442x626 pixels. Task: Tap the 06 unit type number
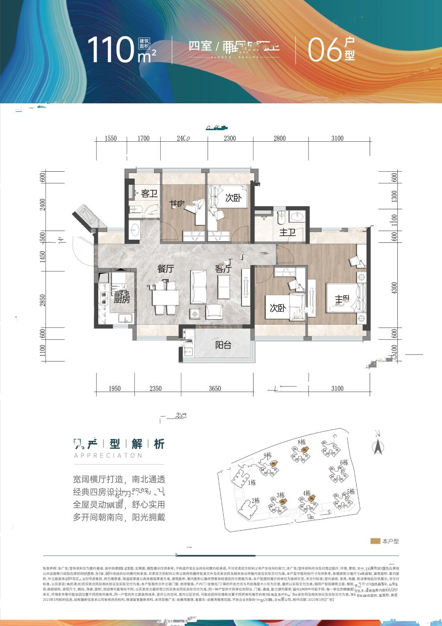click(x=325, y=49)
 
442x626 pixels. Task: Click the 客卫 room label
click(x=149, y=194)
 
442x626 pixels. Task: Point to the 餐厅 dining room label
click(x=165, y=269)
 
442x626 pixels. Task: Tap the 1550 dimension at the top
click(x=111, y=138)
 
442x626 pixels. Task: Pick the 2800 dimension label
click(x=279, y=138)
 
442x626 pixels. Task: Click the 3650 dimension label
click(x=215, y=388)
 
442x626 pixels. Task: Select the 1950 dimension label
click(x=115, y=388)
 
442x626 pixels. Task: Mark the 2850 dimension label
click(x=43, y=301)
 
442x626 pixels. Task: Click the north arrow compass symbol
click(x=378, y=445)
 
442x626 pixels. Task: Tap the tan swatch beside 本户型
click(x=375, y=541)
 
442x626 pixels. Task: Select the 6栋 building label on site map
click(x=344, y=462)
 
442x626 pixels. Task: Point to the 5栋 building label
click(x=350, y=491)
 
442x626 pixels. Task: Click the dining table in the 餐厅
click(x=165, y=297)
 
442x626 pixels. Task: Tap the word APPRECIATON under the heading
click(x=108, y=456)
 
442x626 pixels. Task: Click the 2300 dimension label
click(x=229, y=138)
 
